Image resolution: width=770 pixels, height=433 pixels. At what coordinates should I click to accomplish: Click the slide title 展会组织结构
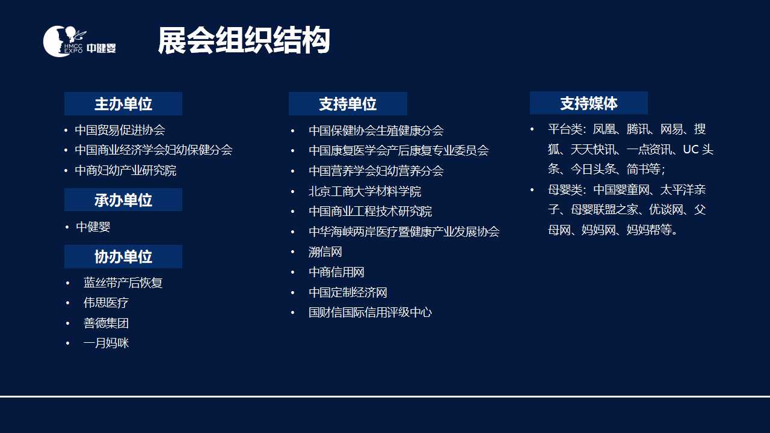click(x=244, y=40)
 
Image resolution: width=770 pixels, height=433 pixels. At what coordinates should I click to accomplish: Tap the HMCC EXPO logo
click(x=79, y=41)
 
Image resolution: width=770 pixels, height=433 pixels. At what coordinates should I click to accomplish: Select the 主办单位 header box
click(x=123, y=104)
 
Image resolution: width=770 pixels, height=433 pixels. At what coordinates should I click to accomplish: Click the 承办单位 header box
click(x=123, y=200)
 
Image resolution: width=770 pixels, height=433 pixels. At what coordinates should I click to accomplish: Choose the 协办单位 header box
click(x=123, y=257)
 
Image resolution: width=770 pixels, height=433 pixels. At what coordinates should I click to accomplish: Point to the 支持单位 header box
click(x=348, y=104)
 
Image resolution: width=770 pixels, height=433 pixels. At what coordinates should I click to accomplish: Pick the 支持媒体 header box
click(x=589, y=103)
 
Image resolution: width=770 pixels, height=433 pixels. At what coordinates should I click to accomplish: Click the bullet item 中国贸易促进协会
click(x=120, y=130)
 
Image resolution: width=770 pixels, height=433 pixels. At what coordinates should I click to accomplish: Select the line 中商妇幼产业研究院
click(x=126, y=170)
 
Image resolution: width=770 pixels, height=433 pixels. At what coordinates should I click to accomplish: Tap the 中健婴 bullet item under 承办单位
click(x=93, y=227)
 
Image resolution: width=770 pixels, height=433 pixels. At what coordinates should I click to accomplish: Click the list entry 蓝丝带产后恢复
click(x=123, y=283)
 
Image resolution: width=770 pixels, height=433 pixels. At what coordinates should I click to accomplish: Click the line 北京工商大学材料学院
click(x=365, y=191)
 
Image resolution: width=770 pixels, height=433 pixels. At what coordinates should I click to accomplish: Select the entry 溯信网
click(x=325, y=252)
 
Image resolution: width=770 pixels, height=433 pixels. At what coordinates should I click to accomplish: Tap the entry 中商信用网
click(x=336, y=272)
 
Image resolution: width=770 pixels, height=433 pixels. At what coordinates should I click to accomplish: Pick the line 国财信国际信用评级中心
click(x=370, y=312)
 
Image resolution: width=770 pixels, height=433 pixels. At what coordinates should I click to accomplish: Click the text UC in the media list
click(x=691, y=150)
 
